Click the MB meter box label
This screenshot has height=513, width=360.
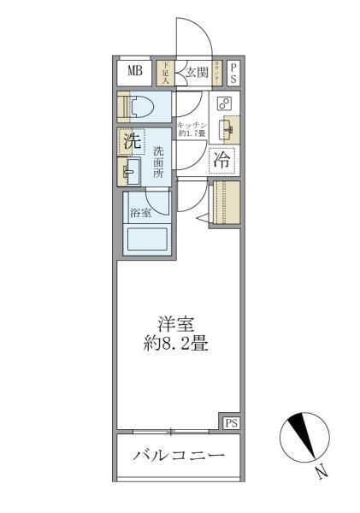coord(135,71)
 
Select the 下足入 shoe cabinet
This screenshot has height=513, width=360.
coord(165,72)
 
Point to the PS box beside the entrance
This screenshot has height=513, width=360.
coord(233,72)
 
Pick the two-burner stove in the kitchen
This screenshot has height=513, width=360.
coord(224,103)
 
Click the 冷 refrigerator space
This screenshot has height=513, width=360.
coord(222,159)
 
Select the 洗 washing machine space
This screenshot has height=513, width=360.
coord(132,142)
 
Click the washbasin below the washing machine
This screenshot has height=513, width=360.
coord(130,172)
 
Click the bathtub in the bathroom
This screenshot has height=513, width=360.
coord(148,238)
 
